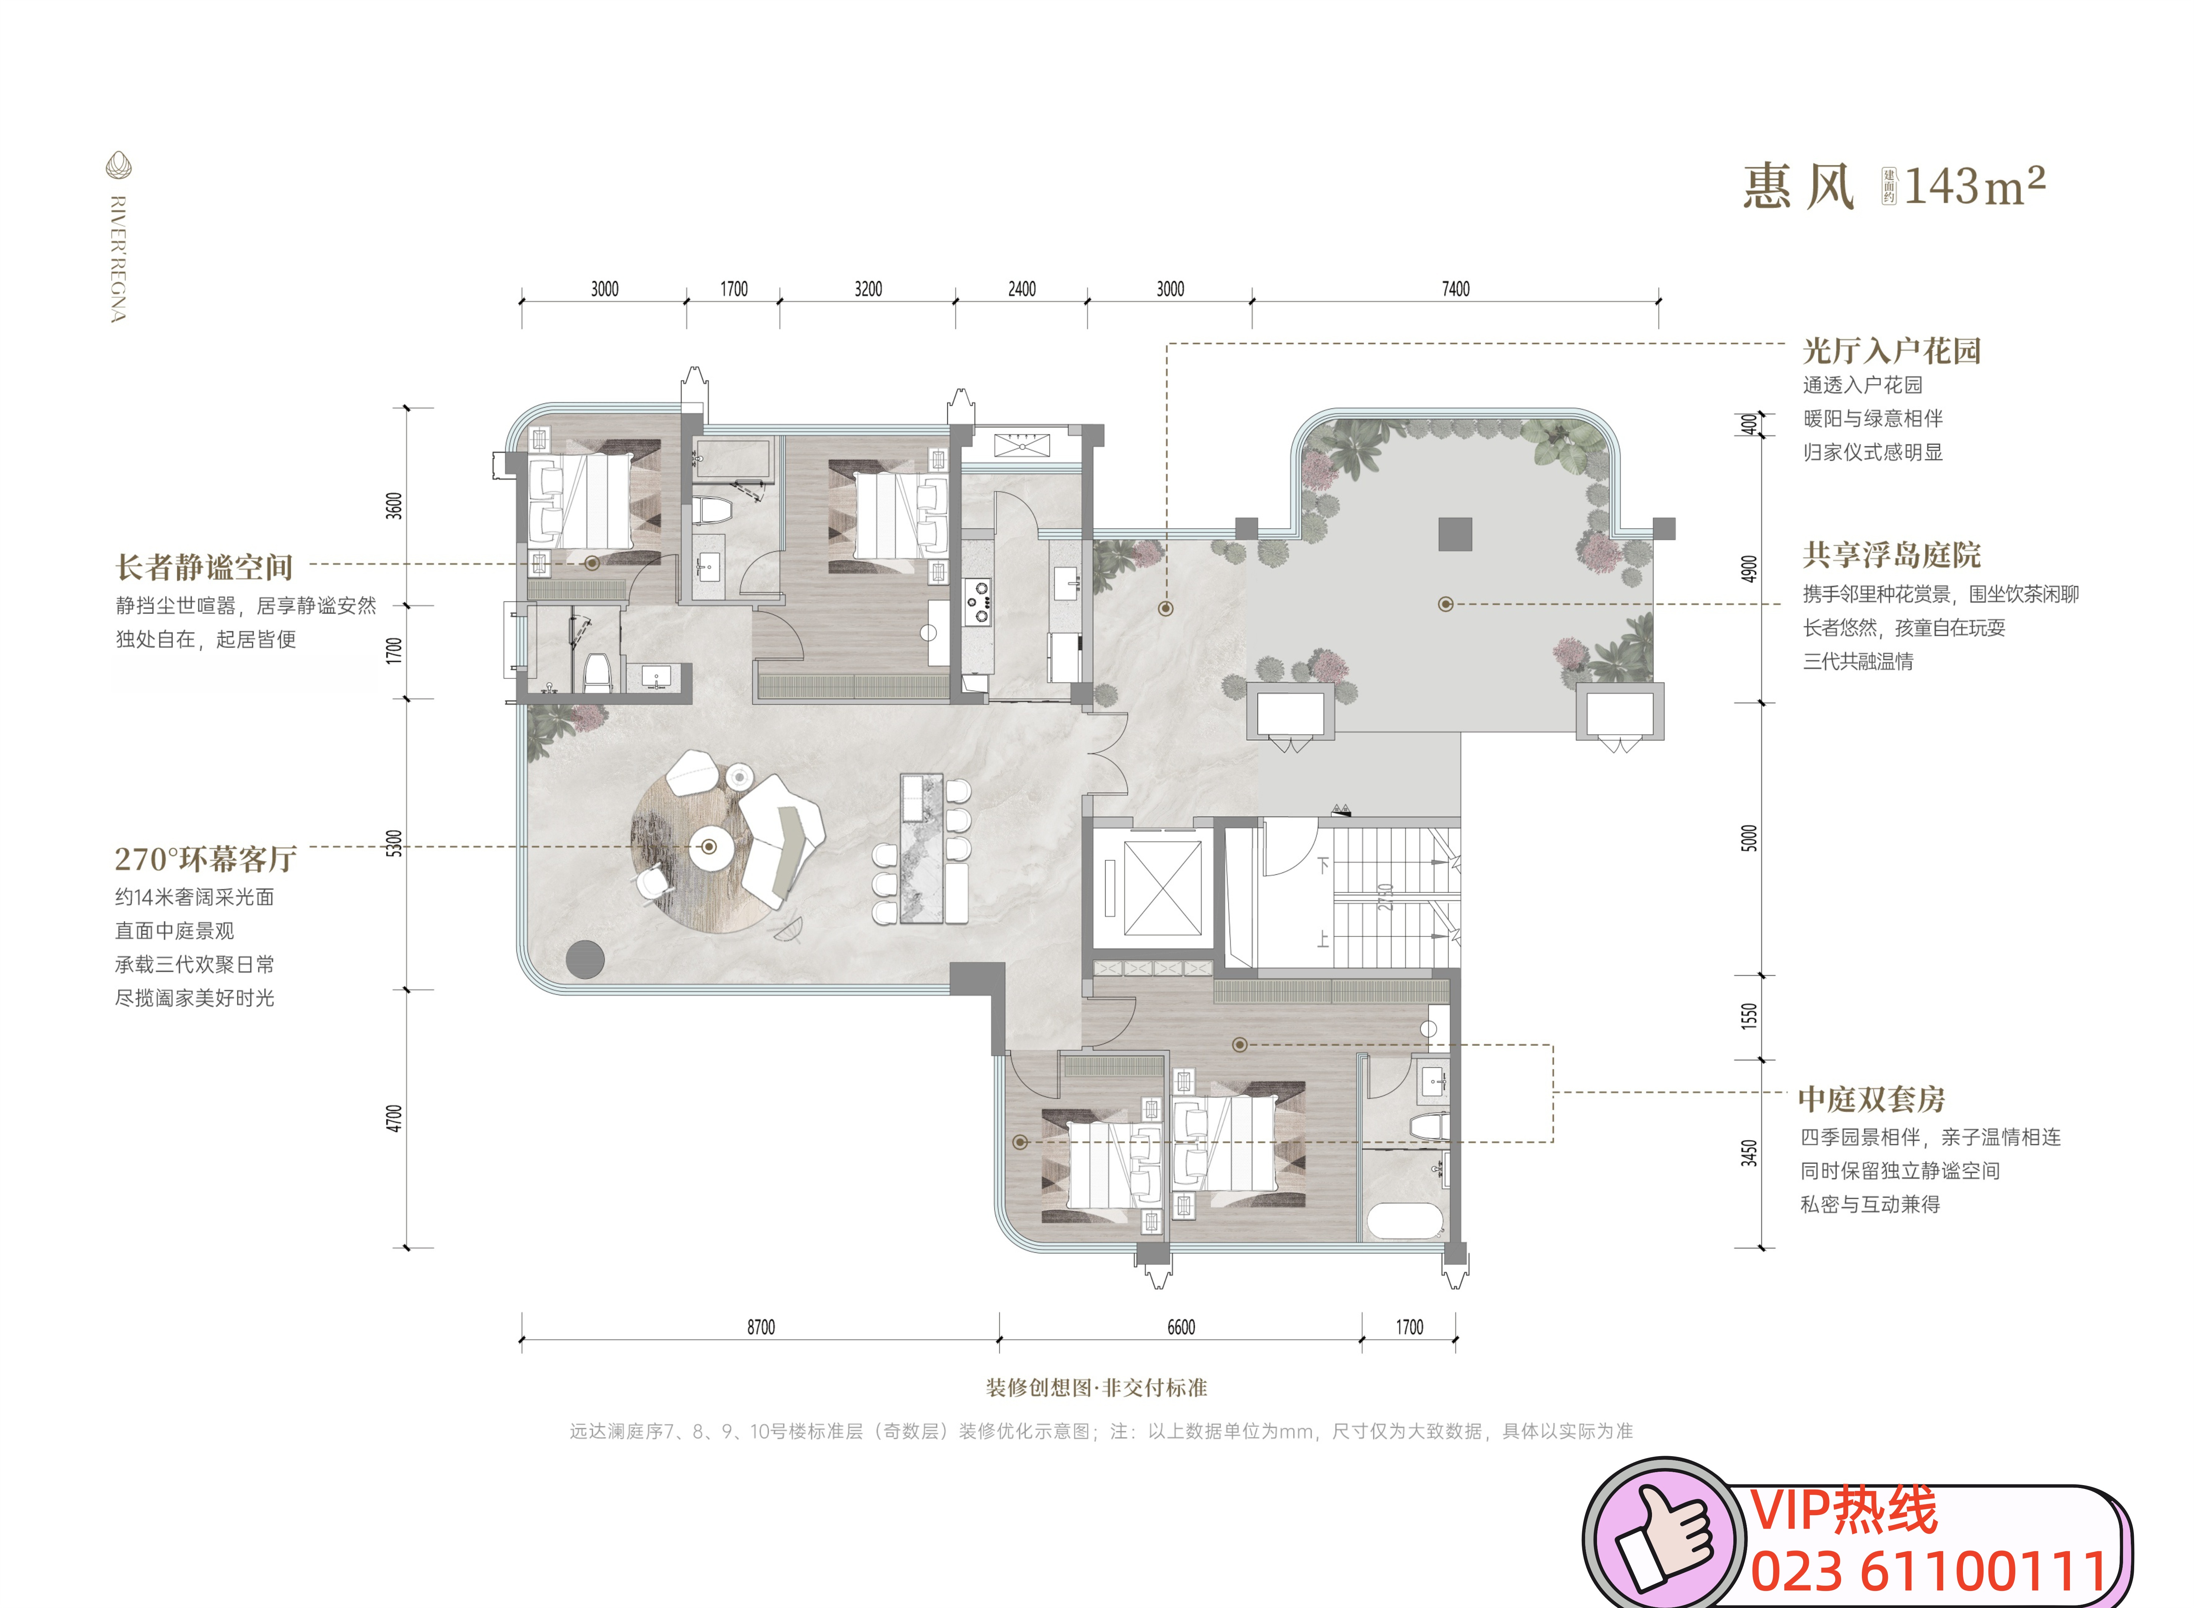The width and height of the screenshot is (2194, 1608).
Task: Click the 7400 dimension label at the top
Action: (x=1455, y=289)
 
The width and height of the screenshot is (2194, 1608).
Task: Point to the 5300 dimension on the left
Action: (x=393, y=843)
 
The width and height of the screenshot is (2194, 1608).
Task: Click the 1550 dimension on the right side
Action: (x=1749, y=1016)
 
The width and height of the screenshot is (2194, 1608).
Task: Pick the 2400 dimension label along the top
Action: (x=1022, y=289)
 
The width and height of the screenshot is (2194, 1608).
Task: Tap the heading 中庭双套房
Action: (x=1872, y=1099)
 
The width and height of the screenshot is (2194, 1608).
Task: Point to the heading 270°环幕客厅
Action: (x=205, y=858)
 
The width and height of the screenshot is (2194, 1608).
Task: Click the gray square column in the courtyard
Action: (x=1455, y=534)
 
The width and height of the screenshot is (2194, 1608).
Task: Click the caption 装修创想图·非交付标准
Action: (x=1097, y=1387)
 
